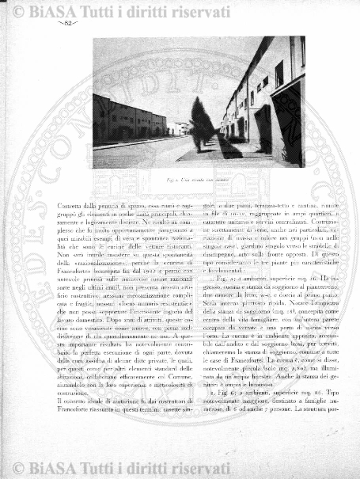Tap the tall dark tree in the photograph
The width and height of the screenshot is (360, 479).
tap(202, 119)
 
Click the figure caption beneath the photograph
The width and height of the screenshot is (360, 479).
tap(199, 180)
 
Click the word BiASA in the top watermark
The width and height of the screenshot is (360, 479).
tap(47, 9)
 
